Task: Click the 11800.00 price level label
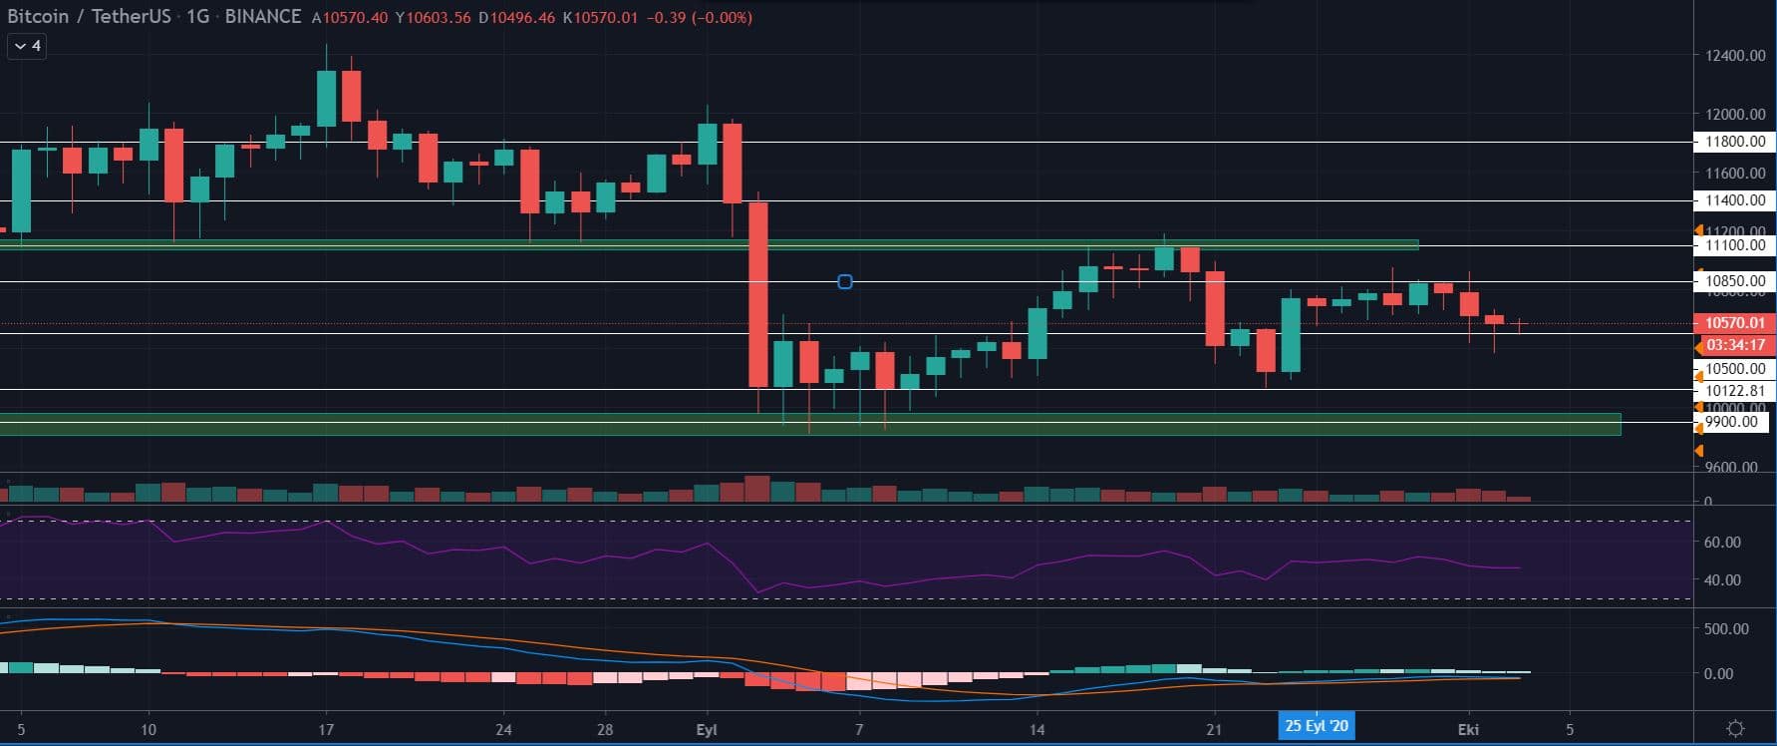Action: [x=1734, y=142]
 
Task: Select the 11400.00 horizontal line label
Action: [x=1734, y=200]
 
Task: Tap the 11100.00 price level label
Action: [x=1734, y=245]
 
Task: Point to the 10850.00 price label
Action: [x=1734, y=281]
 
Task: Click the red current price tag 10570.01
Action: [x=1734, y=323]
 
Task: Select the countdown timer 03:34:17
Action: [x=1734, y=345]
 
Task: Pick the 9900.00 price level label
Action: [x=1732, y=422]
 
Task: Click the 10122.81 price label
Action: [x=1734, y=391]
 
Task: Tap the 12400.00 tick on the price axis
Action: [x=1734, y=56]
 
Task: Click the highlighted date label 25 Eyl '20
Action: [x=1316, y=726]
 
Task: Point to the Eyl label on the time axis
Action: [x=707, y=730]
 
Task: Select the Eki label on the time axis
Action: [x=1468, y=730]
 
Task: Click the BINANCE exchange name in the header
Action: [x=263, y=17]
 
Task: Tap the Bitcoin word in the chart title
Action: [x=38, y=17]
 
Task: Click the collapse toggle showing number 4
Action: [x=27, y=46]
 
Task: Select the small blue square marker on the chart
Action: [x=845, y=282]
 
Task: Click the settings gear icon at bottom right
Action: [x=1734, y=729]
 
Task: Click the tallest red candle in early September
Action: [x=758, y=294]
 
